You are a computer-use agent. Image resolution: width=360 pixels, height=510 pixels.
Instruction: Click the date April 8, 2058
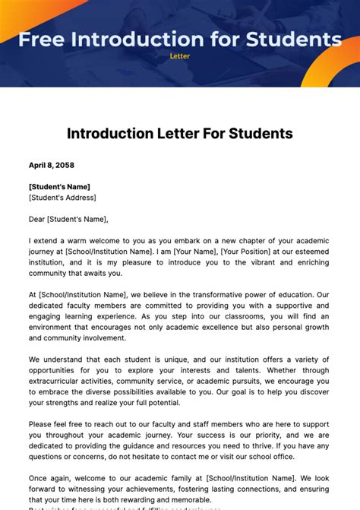coord(51,165)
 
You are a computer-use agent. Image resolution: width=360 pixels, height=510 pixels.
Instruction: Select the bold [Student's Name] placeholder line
coord(59,186)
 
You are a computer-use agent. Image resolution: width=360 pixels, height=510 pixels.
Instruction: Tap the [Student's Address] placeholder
coord(62,198)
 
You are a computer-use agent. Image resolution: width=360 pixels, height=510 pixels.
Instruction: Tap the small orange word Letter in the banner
coord(179,55)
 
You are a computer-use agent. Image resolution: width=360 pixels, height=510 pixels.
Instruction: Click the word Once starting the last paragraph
coord(39,479)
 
